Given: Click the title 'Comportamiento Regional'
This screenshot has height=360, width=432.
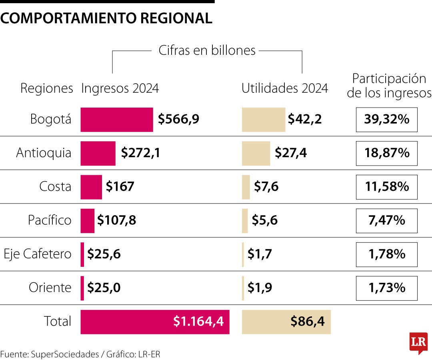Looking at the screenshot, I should click(106, 18).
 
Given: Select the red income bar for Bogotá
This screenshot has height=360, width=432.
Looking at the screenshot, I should click(116, 119).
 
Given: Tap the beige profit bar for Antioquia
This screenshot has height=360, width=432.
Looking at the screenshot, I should click(256, 153).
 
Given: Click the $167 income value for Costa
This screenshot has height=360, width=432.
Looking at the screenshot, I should click(120, 187).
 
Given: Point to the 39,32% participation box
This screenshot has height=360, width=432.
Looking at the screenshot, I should click(386, 119).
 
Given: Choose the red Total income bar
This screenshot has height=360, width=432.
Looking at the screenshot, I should click(155, 322).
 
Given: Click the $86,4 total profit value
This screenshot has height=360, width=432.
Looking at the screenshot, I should click(307, 321).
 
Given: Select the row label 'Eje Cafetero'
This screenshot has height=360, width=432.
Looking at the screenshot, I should click(38, 254).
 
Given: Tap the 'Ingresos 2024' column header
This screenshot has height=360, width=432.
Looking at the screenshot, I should click(120, 88).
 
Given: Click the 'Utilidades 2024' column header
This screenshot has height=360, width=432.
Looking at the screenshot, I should click(284, 88).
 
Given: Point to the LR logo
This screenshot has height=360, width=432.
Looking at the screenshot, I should click(418, 342).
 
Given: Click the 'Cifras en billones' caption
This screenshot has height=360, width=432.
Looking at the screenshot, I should click(207, 50).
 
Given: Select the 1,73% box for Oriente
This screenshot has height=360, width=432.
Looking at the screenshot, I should click(386, 288).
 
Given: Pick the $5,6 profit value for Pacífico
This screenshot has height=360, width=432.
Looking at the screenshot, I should click(264, 220).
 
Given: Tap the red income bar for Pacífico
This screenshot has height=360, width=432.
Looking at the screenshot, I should click(87, 220).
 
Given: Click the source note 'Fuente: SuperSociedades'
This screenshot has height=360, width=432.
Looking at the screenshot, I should click(50, 354).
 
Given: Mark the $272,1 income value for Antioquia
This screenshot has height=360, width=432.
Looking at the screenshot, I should click(140, 153).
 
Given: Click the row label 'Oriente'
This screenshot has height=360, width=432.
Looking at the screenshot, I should click(50, 288).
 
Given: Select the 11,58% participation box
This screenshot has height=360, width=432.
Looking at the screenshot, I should click(386, 187).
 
